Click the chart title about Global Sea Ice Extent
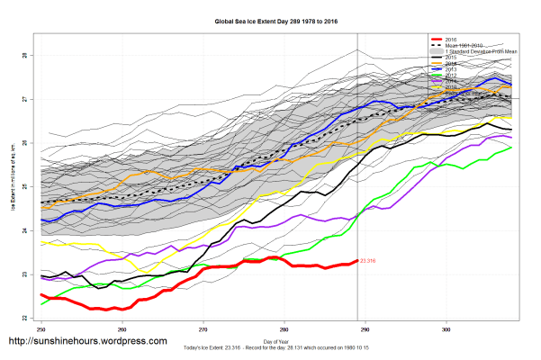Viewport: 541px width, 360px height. pyautogui.click(x=269, y=19)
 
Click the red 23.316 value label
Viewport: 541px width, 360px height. pyautogui.click(x=367, y=261)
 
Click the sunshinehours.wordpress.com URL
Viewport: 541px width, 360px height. pyautogui.click(x=87, y=341)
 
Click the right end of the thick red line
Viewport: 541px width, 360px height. pyautogui.click(x=356, y=261)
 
